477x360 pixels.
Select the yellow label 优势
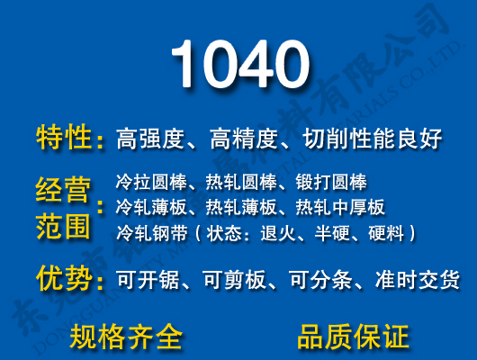coord(65,278)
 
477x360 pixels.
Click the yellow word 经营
coord(65,191)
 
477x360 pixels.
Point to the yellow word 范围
coord(65,225)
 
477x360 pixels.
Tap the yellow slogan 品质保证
coord(353,336)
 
